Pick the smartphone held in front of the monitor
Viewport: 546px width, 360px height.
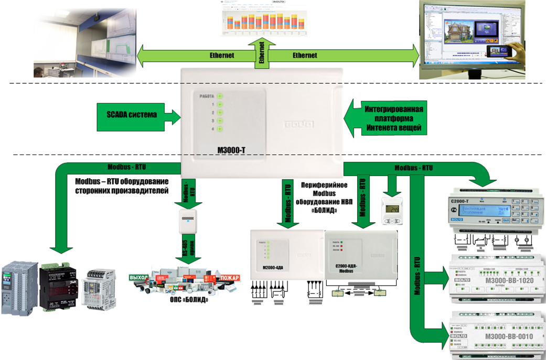tap(498, 51)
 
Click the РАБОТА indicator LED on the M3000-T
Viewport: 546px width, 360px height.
tap(220, 96)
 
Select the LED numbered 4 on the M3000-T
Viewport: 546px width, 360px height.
tap(220, 129)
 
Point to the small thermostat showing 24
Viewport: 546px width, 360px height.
tap(392, 212)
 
